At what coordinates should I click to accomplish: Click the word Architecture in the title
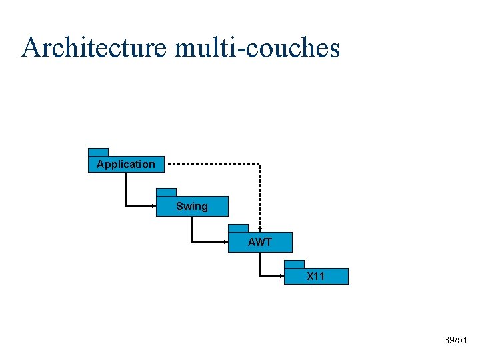pos(93,47)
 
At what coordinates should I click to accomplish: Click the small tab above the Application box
pos(98,152)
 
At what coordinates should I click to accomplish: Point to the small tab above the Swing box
pos(166,192)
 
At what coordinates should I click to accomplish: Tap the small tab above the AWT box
pos(238,228)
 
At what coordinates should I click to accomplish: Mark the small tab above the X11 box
pos(294,264)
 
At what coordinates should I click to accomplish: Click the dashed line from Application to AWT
pos(213,164)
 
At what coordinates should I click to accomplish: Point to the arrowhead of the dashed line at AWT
pos(260,229)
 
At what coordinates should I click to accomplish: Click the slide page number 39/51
pos(456,341)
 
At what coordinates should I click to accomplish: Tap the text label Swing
pos(192,207)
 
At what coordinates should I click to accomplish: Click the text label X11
pos(316,276)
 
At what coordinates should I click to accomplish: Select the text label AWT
pos(260,242)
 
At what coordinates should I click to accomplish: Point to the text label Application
pos(125,164)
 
